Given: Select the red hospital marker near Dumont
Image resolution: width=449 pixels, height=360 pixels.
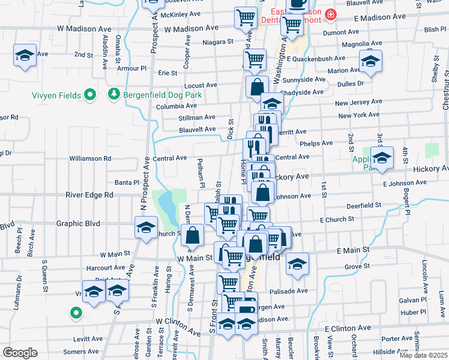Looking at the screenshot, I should tap(330, 14).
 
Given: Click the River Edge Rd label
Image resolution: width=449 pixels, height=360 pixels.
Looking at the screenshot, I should tap(89, 195).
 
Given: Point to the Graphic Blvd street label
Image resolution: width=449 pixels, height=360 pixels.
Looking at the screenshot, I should tap(78, 223).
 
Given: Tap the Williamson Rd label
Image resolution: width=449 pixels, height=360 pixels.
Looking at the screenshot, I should tap(90, 158).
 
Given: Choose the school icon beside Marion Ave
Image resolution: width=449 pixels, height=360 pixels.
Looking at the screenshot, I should tap(370, 61).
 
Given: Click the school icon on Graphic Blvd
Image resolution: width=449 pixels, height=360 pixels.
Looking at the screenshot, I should tap(145, 228).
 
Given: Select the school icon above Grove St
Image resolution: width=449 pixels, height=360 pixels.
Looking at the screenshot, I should tap(297, 263).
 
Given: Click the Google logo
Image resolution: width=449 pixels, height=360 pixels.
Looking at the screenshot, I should tap(20, 353).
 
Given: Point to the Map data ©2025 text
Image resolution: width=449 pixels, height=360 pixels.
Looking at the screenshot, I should tap(423, 355).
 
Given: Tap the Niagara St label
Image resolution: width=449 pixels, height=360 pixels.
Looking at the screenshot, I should tap(218, 42).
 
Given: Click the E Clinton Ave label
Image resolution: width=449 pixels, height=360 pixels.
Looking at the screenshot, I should tap(348, 329).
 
